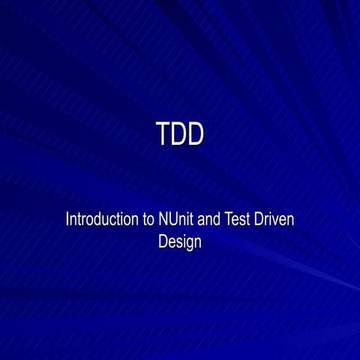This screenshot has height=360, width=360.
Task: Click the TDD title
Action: point(180,134)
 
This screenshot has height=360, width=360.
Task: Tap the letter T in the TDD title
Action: point(163,134)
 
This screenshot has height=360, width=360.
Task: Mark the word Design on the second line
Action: point(180,242)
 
